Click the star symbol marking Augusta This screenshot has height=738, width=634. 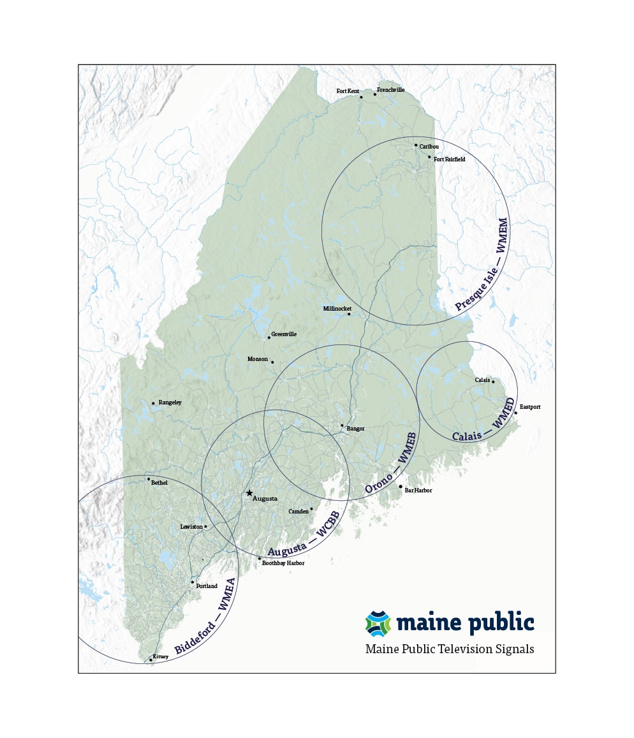tap(249, 493)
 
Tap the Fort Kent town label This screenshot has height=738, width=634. tap(348, 91)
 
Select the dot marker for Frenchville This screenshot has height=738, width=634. tap(375, 94)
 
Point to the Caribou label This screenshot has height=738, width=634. tap(429, 147)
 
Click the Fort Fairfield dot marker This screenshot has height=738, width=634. tap(429, 156)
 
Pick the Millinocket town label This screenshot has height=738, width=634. tap(337, 308)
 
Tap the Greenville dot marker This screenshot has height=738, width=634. tap(269, 337)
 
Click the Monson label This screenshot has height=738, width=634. tap(258, 359)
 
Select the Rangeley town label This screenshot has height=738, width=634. tap(170, 402)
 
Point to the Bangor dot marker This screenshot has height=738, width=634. tap(342, 425)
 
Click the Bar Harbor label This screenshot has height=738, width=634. tap(418, 491)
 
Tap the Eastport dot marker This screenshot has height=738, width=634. tap(516, 413)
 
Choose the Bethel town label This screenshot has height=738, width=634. tap(159, 483)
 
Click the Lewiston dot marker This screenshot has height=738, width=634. tap(205, 526)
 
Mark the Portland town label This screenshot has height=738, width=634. tap(207, 586)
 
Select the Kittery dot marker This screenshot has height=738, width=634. tap(151, 660)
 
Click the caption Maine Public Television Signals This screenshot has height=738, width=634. tap(450, 649)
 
